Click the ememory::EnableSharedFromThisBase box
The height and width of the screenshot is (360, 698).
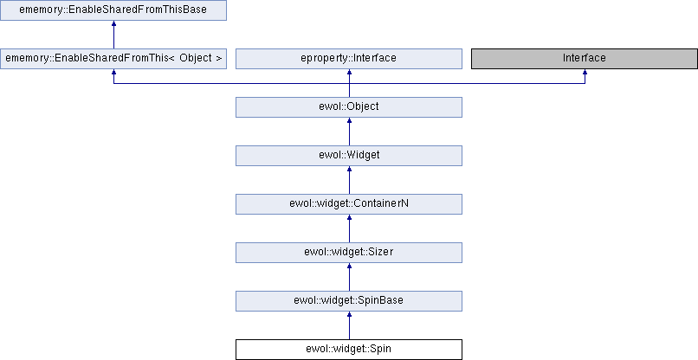[x=113, y=10]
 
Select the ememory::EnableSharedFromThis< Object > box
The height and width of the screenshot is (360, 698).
[x=113, y=59]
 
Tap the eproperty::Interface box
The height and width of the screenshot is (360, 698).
[x=349, y=59]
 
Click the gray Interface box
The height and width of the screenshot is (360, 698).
[x=585, y=59]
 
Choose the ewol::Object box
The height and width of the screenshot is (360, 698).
[x=349, y=107]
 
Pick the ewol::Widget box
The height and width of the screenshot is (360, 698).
[x=349, y=156]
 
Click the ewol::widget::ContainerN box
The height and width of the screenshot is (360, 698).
[x=349, y=204]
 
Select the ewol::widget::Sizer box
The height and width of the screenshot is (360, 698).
[x=349, y=253]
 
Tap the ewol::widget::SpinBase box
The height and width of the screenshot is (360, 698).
[x=349, y=301]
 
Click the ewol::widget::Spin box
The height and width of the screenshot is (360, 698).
[x=349, y=350]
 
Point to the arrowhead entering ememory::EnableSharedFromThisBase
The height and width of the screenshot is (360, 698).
[x=113, y=23]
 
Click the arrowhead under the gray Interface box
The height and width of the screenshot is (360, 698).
[x=585, y=72]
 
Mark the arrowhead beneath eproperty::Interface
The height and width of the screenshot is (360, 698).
[x=349, y=72]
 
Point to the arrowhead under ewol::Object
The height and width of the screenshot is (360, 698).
[x=349, y=120]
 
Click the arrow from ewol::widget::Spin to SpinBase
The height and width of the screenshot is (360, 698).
[x=349, y=325]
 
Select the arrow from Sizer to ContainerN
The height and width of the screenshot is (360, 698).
[x=349, y=228]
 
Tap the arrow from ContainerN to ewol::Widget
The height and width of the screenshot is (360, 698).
[x=349, y=180]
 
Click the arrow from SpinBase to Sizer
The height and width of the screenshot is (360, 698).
[x=349, y=277]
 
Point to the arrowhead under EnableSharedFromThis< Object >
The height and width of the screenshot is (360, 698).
[x=113, y=72]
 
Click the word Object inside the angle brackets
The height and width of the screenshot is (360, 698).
[x=196, y=58]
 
